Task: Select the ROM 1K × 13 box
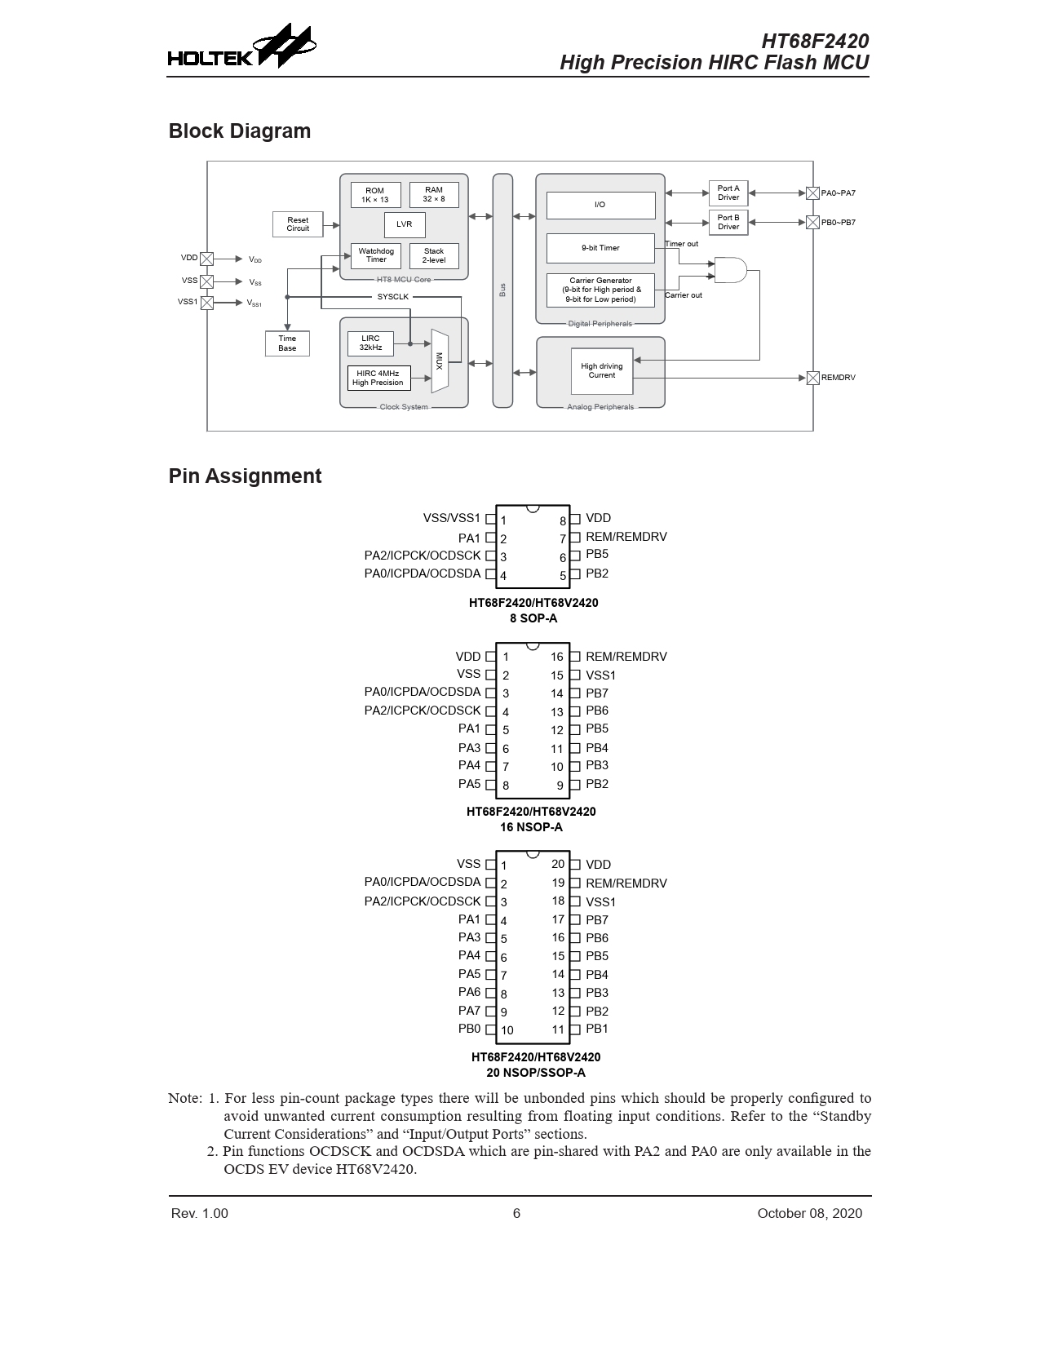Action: tap(375, 195)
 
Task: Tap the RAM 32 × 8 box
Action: tap(434, 194)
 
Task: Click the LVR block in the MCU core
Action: tap(405, 224)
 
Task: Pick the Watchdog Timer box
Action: tap(376, 255)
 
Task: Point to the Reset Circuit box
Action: tap(298, 224)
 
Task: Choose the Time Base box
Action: tap(287, 343)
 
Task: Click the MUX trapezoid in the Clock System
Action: tap(440, 361)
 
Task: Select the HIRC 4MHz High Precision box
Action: tap(378, 378)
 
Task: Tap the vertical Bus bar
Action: tap(502, 290)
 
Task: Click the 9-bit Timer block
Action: tap(600, 248)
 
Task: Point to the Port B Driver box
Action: tap(728, 222)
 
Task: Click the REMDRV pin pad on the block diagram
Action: tap(812, 378)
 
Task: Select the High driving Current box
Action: tap(602, 371)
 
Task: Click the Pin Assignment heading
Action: tap(245, 476)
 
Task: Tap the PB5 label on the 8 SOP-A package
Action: tap(597, 555)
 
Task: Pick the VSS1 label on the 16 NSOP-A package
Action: tap(601, 675)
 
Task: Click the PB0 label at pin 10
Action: tap(469, 1029)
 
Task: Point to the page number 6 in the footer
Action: tap(516, 1213)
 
